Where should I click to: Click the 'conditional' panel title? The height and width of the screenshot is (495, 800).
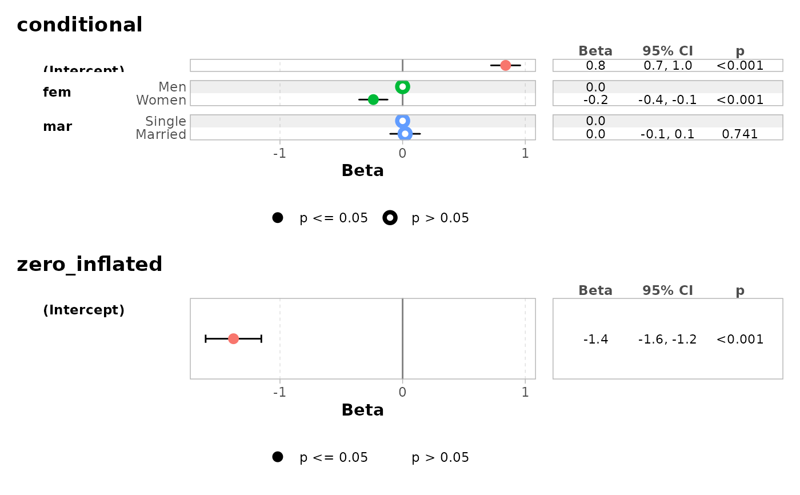click(x=79, y=25)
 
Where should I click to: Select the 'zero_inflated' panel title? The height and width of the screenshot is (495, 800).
click(x=90, y=264)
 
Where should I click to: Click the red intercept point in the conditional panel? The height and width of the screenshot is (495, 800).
click(x=505, y=65)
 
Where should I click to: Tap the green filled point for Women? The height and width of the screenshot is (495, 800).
click(x=373, y=99)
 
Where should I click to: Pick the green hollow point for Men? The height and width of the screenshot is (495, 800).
click(x=402, y=87)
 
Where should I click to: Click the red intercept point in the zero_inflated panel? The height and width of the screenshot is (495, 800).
click(x=233, y=339)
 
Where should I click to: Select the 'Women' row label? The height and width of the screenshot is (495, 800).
click(x=161, y=100)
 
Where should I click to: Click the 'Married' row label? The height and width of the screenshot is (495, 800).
click(x=161, y=134)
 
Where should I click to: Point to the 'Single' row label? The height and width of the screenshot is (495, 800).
click(x=166, y=121)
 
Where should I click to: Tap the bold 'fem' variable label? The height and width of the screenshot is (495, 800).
click(x=57, y=93)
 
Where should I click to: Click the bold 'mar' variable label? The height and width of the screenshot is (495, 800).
click(x=57, y=127)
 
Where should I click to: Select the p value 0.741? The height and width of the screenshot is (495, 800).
click(x=739, y=134)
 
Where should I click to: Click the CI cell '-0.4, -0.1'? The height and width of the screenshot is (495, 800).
click(x=667, y=99)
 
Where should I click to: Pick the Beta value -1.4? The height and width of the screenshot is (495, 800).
click(x=595, y=340)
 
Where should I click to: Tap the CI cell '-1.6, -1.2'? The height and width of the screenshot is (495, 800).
click(x=667, y=340)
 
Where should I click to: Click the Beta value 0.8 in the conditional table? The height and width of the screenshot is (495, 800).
click(x=595, y=65)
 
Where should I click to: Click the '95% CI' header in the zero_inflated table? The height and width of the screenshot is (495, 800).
click(x=667, y=290)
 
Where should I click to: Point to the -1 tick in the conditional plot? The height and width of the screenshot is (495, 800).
click(x=279, y=153)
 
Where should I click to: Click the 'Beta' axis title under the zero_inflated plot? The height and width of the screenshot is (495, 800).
click(x=362, y=410)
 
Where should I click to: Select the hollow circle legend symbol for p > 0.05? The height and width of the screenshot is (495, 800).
click(x=390, y=218)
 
